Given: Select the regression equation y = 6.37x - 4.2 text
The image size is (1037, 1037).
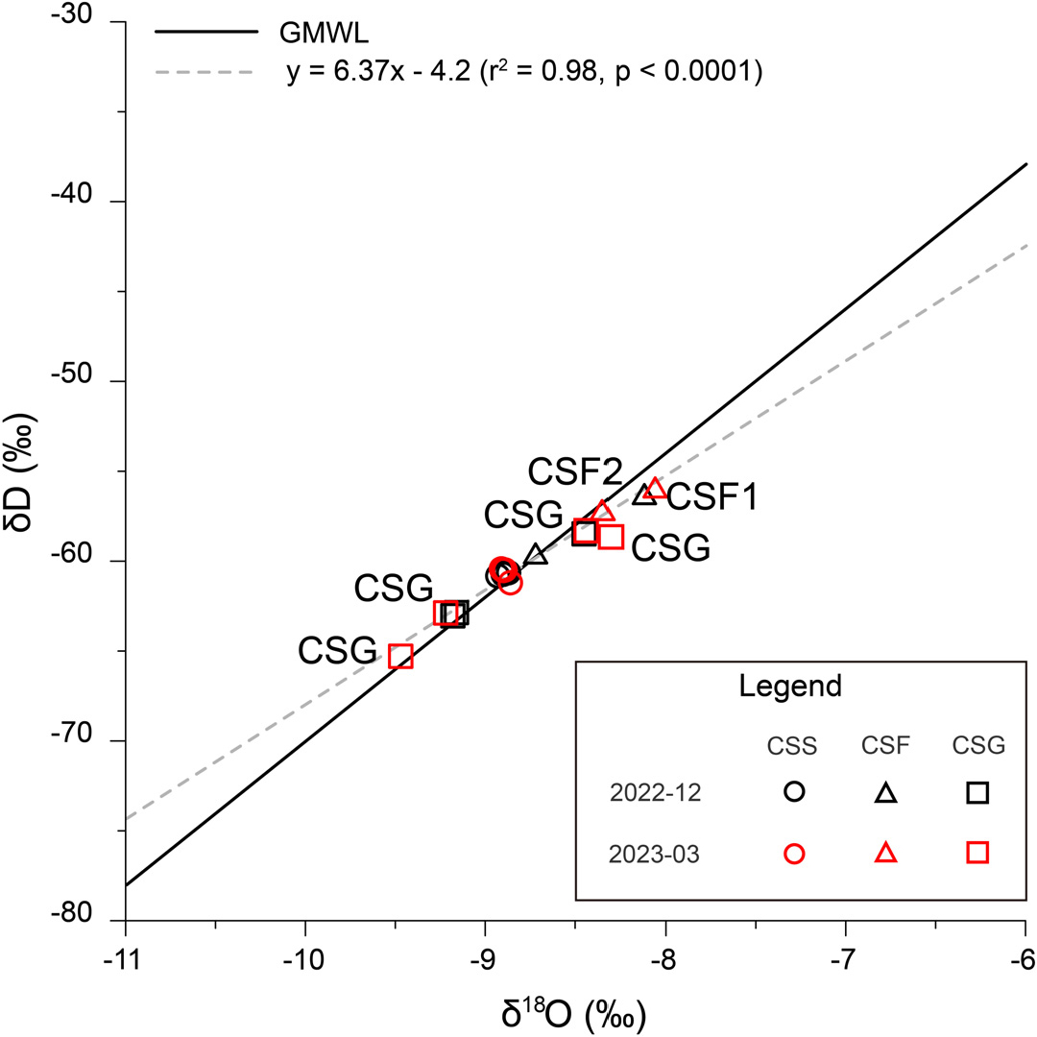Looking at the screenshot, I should click(x=523, y=71).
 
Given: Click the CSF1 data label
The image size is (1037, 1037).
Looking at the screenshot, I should click(x=712, y=497).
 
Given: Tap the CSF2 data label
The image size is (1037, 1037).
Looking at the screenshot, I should click(x=575, y=471).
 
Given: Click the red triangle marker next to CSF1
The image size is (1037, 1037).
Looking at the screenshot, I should click(x=655, y=489).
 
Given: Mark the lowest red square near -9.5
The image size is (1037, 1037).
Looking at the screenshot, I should click(x=400, y=657).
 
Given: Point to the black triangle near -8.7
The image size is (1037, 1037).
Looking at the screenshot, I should click(x=536, y=554).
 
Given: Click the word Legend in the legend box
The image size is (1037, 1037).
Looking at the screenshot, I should click(x=791, y=686).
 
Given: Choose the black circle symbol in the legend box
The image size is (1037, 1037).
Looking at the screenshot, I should click(x=794, y=792).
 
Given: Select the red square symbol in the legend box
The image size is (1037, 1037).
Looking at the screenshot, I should click(x=977, y=852).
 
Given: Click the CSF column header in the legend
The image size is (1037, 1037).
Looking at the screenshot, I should click(x=885, y=745).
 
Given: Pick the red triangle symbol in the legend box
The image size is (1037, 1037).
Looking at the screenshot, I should click(x=885, y=852).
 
